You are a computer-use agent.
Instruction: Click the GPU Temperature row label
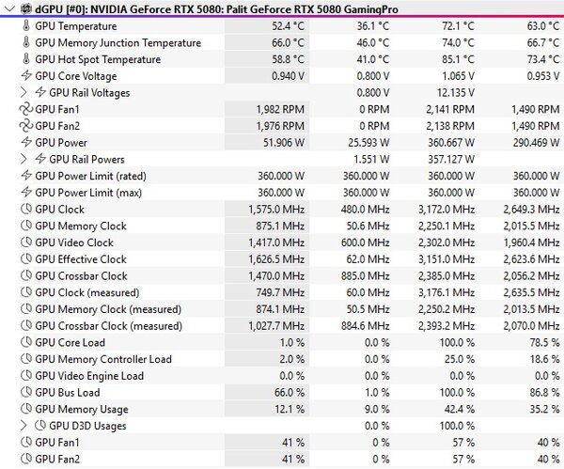[76, 26]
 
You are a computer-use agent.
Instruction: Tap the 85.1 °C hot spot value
[458, 59]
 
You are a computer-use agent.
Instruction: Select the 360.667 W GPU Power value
[451, 143]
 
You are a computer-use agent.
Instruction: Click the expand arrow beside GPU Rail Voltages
[23, 93]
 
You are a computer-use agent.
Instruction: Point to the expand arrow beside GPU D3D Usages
[23, 426]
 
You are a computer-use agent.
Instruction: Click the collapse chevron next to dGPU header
[10, 9]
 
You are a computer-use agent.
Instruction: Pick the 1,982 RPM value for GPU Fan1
[280, 109]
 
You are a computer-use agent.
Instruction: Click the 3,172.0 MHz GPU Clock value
[446, 210]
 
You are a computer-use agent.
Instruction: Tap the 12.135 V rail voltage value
[456, 93]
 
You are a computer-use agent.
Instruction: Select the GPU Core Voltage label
[76, 76]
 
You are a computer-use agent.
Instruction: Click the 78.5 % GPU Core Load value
[544, 342]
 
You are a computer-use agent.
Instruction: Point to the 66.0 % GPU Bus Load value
[290, 392]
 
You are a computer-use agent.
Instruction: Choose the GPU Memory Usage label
[82, 409]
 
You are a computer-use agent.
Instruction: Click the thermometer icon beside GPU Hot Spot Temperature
[26, 59]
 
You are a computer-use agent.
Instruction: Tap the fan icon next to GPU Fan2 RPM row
[26, 126]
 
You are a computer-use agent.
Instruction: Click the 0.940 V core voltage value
[289, 76]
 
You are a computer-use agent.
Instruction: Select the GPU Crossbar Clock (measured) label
[109, 326]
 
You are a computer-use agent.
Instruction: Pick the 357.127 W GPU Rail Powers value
[451, 160]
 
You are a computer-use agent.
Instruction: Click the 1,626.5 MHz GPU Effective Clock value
[276, 259]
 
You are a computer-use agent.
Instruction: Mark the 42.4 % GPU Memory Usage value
[460, 409]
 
